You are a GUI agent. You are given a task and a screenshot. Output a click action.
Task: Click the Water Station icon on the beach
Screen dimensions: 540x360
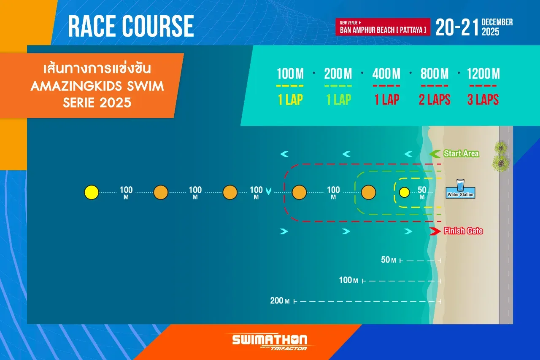pyautogui.click(x=460, y=189)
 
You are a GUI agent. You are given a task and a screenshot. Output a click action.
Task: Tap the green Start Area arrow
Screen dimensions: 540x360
pyautogui.click(x=435, y=154)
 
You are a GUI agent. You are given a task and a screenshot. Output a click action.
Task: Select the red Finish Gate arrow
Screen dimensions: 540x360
pyautogui.click(x=435, y=231)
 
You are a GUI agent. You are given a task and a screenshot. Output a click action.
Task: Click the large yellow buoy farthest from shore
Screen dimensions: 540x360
pyautogui.click(x=92, y=192)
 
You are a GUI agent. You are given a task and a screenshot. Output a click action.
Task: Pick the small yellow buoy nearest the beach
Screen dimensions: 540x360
pyautogui.click(x=405, y=192)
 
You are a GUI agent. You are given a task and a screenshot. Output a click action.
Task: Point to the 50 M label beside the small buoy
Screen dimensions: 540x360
pyautogui.click(x=422, y=193)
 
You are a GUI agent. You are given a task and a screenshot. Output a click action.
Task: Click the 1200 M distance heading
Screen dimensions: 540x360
pyautogui.click(x=483, y=73)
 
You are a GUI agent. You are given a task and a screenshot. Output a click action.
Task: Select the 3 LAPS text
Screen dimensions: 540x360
pyautogui.click(x=483, y=100)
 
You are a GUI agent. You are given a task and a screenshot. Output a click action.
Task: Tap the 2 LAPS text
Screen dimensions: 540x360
pyautogui.click(x=435, y=100)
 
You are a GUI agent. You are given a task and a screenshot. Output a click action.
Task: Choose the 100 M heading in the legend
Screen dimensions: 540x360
pyautogui.click(x=290, y=73)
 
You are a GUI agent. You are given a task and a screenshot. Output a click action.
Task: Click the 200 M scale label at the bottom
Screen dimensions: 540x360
pyautogui.click(x=280, y=301)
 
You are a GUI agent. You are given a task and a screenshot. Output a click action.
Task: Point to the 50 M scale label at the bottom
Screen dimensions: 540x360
pyautogui.click(x=389, y=260)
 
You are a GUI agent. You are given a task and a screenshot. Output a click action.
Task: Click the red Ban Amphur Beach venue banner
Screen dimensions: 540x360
pyautogui.click(x=383, y=27)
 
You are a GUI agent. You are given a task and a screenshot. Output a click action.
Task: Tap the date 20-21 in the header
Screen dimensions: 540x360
pyautogui.click(x=457, y=27)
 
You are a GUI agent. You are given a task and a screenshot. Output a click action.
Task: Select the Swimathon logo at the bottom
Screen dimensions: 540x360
pyautogui.click(x=270, y=342)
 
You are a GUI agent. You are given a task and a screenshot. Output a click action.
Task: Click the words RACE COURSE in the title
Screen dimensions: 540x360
pyautogui.click(x=131, y=26)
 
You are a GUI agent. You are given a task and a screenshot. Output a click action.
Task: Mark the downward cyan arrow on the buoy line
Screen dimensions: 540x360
pyautogui.click(x=268, y=191)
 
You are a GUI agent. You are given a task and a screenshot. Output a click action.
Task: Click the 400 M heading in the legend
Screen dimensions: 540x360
pyautogui.click(x=386, y=73)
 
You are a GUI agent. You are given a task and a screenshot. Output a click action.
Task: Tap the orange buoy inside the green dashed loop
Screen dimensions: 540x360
pyautogui.click(x=368, y=192)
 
